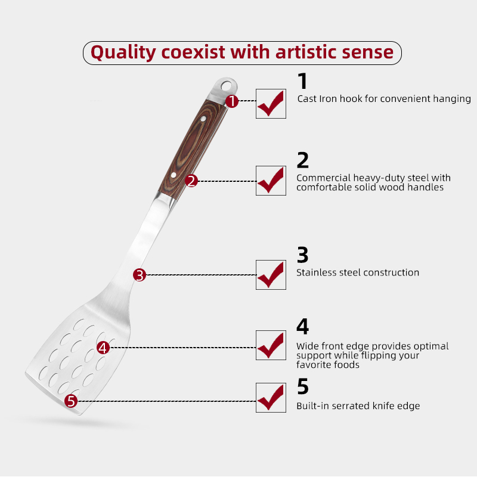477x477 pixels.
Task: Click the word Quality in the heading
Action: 123,52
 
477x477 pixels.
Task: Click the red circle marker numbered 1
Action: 232,101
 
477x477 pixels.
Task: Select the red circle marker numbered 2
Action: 191,181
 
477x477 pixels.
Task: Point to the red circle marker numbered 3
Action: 140,275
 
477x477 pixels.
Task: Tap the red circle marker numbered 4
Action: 103,348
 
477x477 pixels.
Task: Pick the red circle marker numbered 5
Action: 71,401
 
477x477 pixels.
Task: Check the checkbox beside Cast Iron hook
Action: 271,104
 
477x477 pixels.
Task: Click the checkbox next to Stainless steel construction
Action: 271,275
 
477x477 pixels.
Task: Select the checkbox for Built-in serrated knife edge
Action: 271,398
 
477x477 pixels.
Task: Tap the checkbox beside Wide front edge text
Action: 271,345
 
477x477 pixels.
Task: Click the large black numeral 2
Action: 303,160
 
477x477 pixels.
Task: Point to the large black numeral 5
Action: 303,386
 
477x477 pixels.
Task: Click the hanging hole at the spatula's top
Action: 226,86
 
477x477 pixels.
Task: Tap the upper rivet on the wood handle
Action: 203,119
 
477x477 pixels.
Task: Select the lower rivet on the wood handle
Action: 174,175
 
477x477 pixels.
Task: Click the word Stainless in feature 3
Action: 317,272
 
